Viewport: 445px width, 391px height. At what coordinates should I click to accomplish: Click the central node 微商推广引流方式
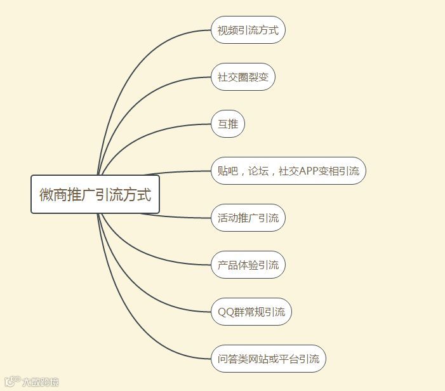95,194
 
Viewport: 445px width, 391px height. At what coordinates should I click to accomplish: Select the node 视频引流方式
248,30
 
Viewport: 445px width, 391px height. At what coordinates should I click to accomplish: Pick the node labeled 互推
227,124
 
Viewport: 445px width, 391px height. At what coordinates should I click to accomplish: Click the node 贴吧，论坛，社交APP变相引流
288,171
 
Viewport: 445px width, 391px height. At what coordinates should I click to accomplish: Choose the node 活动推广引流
248,218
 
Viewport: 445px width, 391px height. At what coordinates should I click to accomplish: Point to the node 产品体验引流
248,265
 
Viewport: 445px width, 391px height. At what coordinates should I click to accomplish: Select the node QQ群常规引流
251,312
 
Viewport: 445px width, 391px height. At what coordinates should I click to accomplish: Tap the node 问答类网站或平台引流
268,359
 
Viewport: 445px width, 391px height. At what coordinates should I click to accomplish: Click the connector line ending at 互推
152,132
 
